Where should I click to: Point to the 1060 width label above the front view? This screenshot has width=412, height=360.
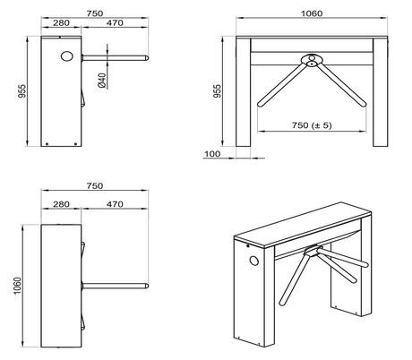(x=311, y=13)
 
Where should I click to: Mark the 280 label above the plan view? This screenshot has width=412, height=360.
(x=61, y=203)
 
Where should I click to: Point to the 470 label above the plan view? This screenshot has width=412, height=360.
(x=115, y=203)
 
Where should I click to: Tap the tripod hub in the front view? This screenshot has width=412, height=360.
(x=311, y=61)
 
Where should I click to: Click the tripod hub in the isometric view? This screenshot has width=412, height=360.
(x=310, y=253)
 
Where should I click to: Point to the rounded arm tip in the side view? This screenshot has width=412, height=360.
(x=147, y=59)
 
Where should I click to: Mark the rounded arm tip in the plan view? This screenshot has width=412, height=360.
(x=147, y=287)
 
